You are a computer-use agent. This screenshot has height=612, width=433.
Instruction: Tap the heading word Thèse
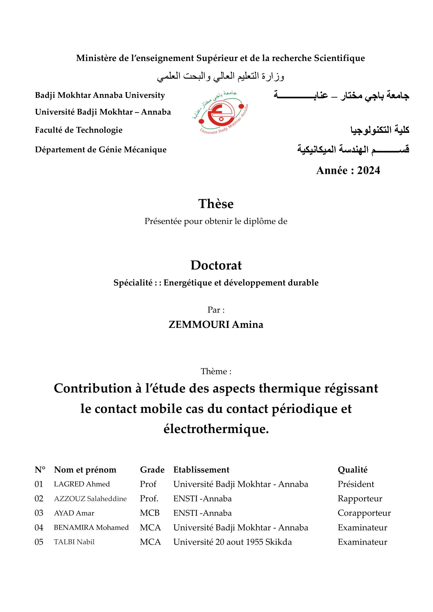pos(216,204)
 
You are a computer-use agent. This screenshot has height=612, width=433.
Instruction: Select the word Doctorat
pos(216,266)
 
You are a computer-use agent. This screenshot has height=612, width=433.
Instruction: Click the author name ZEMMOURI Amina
pos(216,325)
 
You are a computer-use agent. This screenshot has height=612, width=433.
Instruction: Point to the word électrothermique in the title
pos(216,429)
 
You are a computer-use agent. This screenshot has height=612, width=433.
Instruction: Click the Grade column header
pos(152,470)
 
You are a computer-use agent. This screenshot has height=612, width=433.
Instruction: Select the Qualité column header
pos(352,470)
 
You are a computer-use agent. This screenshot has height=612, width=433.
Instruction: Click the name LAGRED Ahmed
pos(82,484)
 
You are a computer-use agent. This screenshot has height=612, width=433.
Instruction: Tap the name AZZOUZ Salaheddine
pos(90,499)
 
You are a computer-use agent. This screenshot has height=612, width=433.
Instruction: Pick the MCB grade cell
pos(149,513)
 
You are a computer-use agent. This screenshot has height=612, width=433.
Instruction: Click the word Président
pos(356,484)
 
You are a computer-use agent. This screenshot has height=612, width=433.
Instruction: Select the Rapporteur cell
pos(360,499)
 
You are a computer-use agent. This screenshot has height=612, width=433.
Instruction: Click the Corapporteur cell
pos(364,513)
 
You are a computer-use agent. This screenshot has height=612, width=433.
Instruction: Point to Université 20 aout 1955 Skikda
pos(232,542)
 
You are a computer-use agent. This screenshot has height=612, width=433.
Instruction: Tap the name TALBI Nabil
pos(74,542)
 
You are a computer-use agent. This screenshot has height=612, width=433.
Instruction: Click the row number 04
pos(39,528)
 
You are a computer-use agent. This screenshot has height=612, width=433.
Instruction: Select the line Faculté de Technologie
pos(79,130)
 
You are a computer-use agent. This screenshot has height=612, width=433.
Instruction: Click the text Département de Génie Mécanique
pos(101,150)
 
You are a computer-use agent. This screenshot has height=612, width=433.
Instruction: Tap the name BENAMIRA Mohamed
pos(91,528)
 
